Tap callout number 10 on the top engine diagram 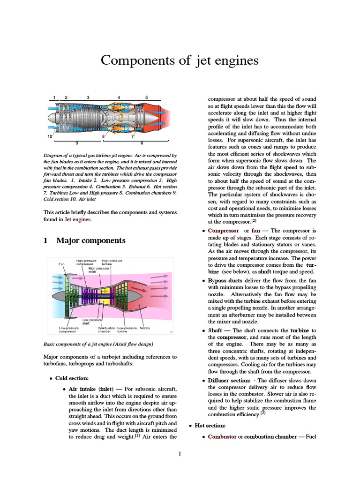(x=49, y=136)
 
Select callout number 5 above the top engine (x=146, y=97)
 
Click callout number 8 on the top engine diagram (x=103, y=136)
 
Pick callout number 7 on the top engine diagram (x=132, y=136)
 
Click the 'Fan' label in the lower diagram (x=61, y=263)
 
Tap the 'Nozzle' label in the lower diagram (x=145, y=328)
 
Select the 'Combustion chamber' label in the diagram (x=106, y=330)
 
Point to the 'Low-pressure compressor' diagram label (x=68, y=330)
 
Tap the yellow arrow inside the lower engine (x=112, y=291)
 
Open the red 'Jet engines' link (x=78, y=219)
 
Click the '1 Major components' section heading (x=84, y=240)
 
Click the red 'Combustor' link (x=222, y=437)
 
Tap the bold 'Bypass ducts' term (x=225, y=280)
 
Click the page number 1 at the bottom (x=180, y=453)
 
